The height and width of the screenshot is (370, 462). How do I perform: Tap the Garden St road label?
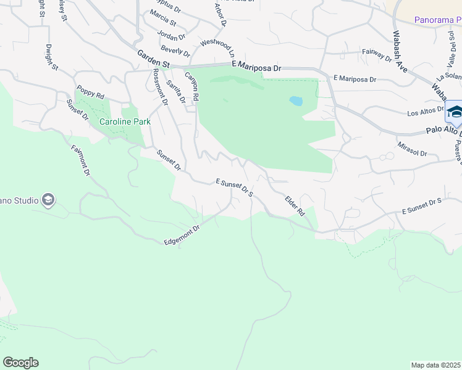153,57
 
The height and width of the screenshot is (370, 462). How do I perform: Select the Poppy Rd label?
90,92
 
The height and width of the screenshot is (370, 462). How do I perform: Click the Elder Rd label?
295,205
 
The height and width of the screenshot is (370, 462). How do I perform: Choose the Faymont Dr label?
81,160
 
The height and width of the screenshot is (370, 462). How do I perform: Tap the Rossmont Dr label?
160,86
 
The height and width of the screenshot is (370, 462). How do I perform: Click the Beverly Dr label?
174,49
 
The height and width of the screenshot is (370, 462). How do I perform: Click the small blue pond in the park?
296,100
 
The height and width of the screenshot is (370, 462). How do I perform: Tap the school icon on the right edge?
455,112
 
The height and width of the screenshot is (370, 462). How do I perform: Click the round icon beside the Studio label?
48,200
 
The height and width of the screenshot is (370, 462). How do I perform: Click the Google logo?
20,363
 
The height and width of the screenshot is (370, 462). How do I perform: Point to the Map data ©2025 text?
435,365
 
